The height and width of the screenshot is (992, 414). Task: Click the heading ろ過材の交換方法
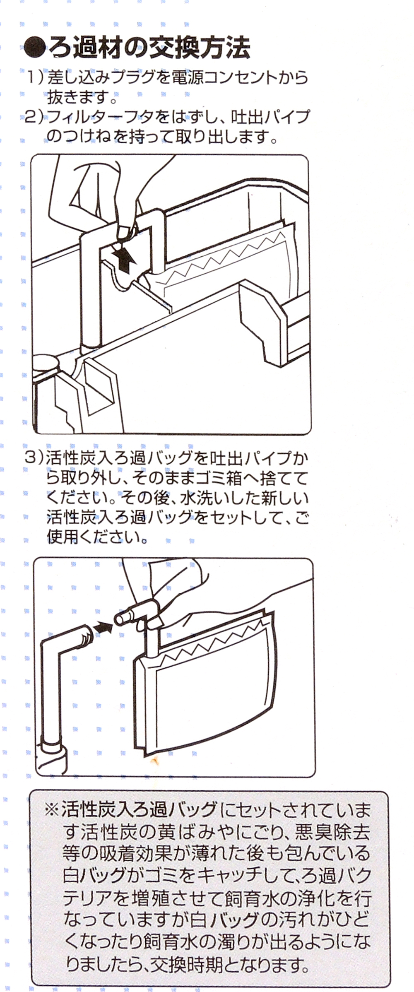point(149,48)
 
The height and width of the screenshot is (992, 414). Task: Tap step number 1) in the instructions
point(34,77)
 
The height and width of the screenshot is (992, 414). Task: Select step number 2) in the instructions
point(34,118)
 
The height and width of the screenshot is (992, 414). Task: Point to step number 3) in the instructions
point(34,457)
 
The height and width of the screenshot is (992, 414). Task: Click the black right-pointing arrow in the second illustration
point(103,628)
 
